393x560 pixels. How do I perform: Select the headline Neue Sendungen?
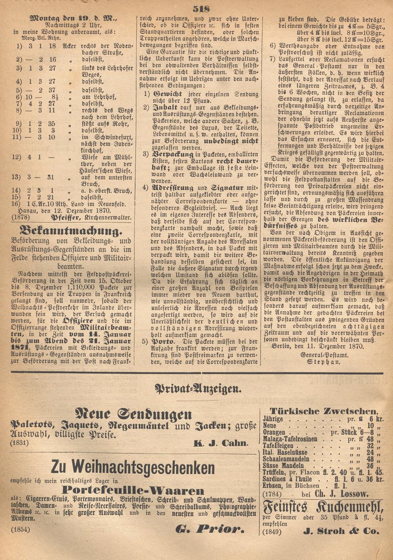click(134, 414)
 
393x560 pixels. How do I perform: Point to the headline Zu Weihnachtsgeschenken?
click(133, 467)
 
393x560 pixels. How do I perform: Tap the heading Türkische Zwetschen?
click(324, 411)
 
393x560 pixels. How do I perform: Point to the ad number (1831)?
click(20, 443)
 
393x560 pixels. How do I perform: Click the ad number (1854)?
click(20, 530)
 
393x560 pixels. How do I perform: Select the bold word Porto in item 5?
click(162, 341)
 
